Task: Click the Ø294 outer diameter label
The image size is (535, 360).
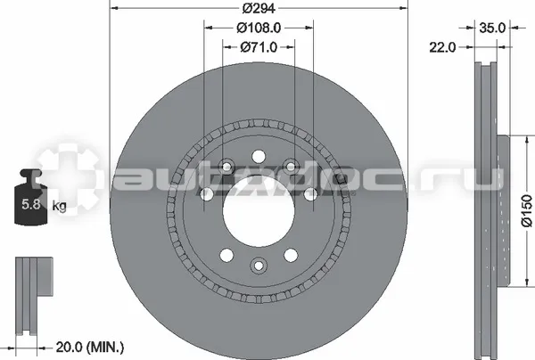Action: tap(259, 8)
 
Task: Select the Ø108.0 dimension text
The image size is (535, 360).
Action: tap(259, 28)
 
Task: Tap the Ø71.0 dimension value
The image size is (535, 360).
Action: tap(259, 47)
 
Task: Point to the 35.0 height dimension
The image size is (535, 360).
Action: tap(492, 28)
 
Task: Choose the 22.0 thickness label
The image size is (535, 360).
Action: tap(442, 47)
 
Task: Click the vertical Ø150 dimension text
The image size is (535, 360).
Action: tap(527, 210)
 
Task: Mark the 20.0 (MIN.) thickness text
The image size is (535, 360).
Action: tap(90, 348)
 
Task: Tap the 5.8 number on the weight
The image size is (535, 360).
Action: tap(31, 205)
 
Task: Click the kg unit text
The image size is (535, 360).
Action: tap(59, 206)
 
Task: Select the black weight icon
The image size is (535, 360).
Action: tap(30, 197)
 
